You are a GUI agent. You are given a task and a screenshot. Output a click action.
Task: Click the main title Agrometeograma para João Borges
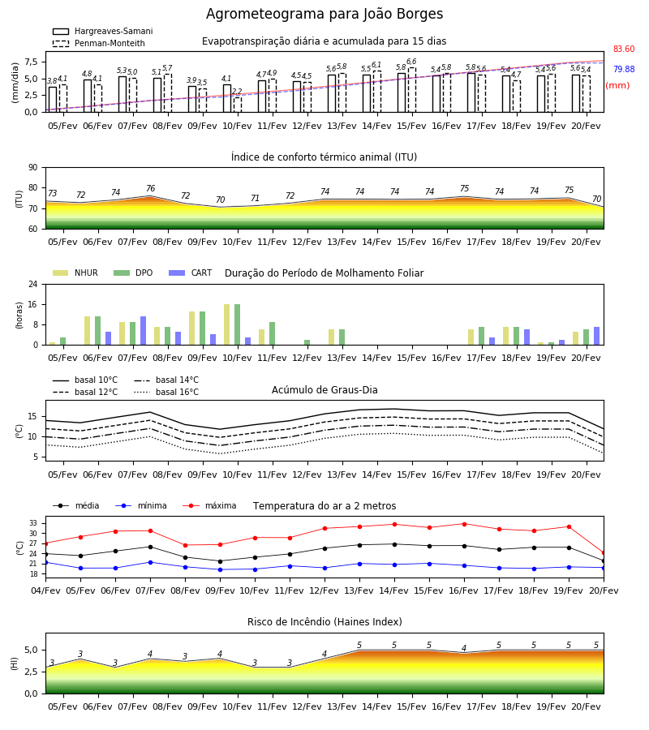pos(324,14)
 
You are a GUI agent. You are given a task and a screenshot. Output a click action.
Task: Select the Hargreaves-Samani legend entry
pos(103,31)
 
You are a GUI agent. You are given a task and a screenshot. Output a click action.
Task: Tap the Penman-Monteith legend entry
pos(99,43)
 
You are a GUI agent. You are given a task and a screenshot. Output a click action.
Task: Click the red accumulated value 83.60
pos(624,49)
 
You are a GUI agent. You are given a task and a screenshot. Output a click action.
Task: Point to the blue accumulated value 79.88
pos(624,69)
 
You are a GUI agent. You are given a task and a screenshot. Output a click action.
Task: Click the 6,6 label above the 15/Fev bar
pos(411,62)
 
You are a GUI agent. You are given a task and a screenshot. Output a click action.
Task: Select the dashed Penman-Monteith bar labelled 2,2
pos(238,105)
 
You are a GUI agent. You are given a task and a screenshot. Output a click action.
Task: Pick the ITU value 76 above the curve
pos(150,188)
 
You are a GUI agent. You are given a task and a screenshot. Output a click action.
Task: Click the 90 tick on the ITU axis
pos(33,168)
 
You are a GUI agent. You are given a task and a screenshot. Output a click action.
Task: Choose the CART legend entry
pos(191,273)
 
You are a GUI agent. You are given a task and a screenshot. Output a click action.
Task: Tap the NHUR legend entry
pos(75,273)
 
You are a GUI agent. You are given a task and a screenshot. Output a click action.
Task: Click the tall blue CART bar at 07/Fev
pos(144,331)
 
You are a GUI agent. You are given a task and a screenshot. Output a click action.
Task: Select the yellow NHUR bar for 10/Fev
pos(226,324)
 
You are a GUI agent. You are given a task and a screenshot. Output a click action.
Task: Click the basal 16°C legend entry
pos(166,392)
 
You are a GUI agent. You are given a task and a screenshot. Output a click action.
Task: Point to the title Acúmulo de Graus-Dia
pos(324,389)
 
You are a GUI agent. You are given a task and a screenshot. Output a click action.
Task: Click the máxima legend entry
pos(209,505)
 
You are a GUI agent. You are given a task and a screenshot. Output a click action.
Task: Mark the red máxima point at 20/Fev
pos(604,553)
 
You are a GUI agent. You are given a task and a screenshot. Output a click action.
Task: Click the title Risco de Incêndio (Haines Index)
pos(324,622)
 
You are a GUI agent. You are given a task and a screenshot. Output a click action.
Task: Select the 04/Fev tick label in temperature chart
pos(45,590)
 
